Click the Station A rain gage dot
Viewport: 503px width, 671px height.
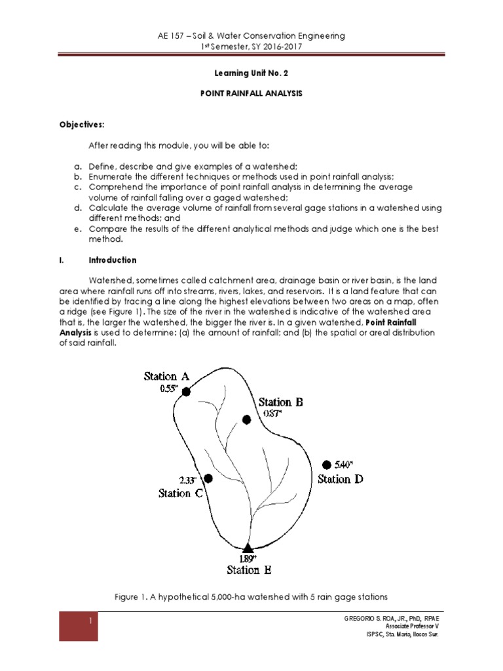point(186,392)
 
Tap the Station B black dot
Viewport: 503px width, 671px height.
point(246,419)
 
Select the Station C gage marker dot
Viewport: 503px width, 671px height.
point(208,478)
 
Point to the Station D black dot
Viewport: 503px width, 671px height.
point(327,465)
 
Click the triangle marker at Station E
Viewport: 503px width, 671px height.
point(248,548)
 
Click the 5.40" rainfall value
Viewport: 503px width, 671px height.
point(343,465)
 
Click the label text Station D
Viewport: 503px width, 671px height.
point(340,479)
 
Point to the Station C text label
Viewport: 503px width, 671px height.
point(185,493)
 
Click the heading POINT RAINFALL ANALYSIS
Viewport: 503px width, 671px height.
point(251,94)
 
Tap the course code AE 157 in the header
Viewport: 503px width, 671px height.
point(169,35)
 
